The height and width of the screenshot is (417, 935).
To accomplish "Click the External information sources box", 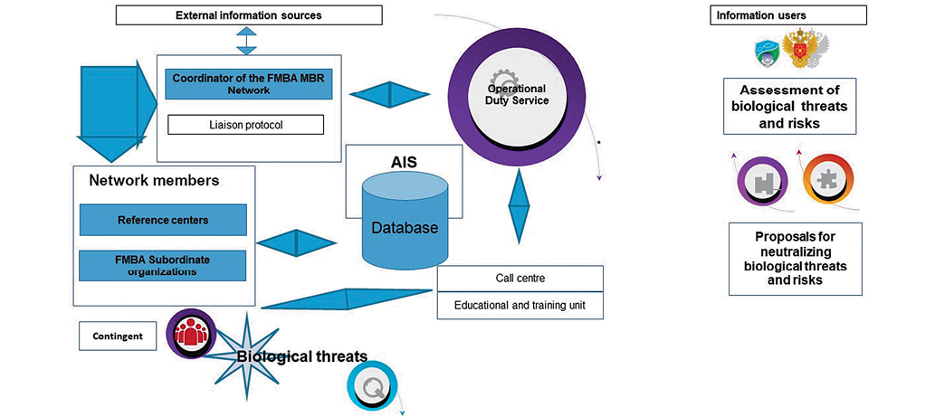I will click(x=249, y=15).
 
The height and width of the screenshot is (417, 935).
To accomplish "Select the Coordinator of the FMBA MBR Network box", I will click(x=249, y=84).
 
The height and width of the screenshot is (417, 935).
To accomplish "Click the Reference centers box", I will click(x=163, y=220).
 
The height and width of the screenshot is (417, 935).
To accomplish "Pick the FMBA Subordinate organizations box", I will click(x=163, y=265).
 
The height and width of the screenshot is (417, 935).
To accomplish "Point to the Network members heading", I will click(x=154, y=180).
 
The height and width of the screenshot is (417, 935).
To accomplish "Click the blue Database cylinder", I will click(x=404, y=226).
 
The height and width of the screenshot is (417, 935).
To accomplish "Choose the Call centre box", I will click(x=520, y=278).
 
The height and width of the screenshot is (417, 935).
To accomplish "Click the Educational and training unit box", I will click(x=520, y=305).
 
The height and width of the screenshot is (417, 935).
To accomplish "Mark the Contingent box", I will click(x=118, y=336).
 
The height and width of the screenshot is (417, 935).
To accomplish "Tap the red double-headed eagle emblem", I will click(x=801, y=50).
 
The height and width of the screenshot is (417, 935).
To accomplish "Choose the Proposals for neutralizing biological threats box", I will click(x=796, y=258).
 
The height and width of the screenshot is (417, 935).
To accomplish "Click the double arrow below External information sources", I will click(x=247, y=40).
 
